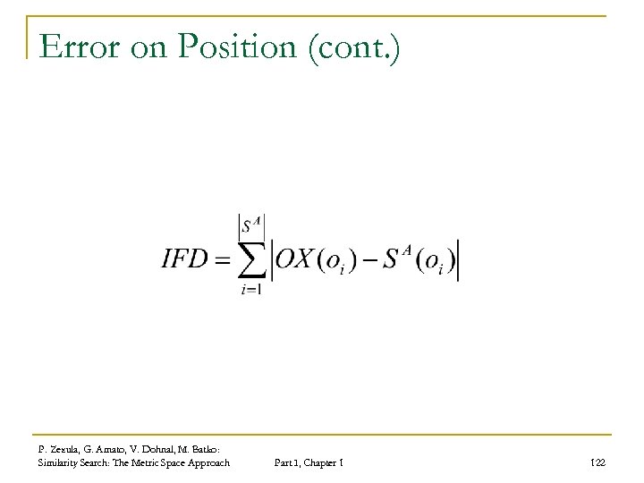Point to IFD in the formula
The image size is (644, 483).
point(185,258)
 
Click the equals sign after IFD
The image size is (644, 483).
point(222,258)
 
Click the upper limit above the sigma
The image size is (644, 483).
point(251,223)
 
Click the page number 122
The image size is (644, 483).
point(598,462)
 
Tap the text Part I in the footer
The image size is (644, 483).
point(286,462)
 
